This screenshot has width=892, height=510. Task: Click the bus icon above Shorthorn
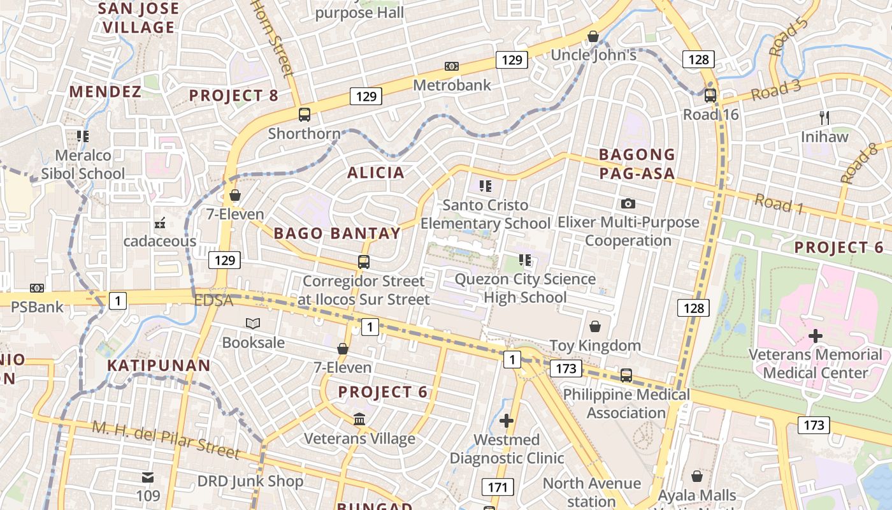[x=305, y=115]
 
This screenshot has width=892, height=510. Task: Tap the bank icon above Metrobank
[x=452, y=66]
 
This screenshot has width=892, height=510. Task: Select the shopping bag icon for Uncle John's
[x=593, y=36]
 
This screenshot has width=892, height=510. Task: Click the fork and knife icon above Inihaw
[x=824, y=117]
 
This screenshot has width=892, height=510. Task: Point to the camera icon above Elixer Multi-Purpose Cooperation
[x=628, y=203]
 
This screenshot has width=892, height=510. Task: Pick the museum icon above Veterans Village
[x=359, y=419]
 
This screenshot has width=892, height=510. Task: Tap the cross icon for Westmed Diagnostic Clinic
[x=507, y=421]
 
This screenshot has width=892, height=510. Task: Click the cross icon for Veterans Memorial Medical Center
[x=816, y=336]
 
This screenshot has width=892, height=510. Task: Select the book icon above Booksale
[x=253, y=323]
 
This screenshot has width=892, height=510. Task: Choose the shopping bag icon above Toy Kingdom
[x=594, y=326]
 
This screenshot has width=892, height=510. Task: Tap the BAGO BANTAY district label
[x=338, y=233]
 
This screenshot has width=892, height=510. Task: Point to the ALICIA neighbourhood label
[x=376, y=172]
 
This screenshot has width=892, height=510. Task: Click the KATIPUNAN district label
[x=159, y=365]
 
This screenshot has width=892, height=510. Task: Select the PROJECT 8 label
[x=234, y=96]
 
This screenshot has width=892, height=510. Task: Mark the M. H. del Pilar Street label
[x=166, y=439]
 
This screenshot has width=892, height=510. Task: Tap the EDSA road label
[x=214, y=300]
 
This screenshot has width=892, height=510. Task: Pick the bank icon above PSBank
[x=37, y=288]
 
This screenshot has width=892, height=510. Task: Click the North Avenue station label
[x=592, y=492]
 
